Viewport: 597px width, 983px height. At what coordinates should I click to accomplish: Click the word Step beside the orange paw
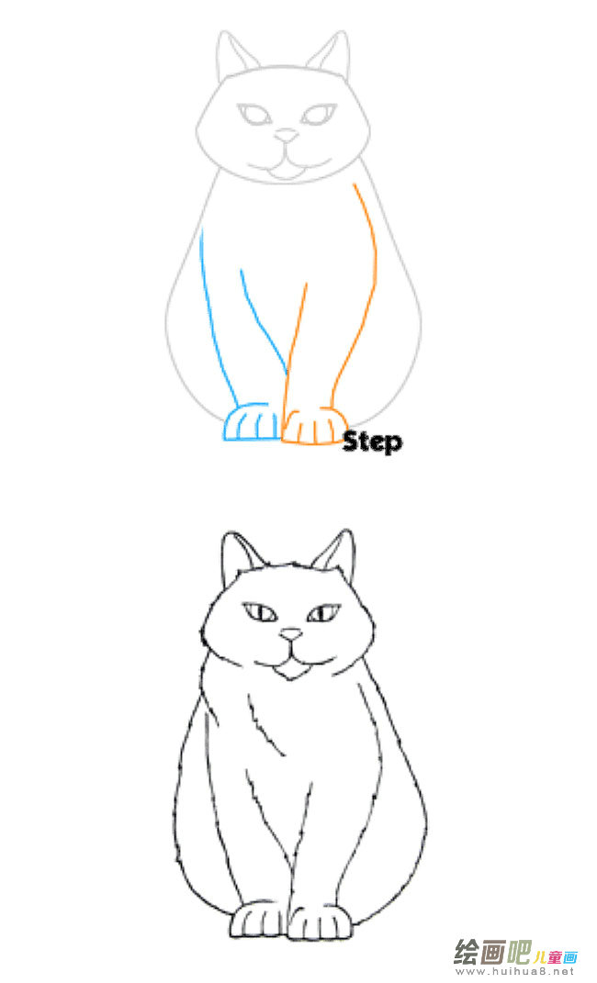pyautogui.click(x=372, y=441)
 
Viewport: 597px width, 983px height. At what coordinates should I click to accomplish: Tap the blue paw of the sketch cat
pyautogui.click(x=250, y=425)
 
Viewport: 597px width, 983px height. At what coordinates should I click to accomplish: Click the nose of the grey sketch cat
pyautogui.click(x=288, y=136)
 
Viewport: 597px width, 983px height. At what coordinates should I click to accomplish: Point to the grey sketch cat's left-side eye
pyautogui.click(x=253, y=116)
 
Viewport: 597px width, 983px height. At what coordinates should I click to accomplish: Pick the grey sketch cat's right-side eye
pyautogui.click(x=319, y=116)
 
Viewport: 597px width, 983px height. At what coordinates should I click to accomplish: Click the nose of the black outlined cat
pyautogui.click(x=291, y=634)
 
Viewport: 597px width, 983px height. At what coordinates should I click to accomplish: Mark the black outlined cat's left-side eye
pyautogui.click(x=260, y=612)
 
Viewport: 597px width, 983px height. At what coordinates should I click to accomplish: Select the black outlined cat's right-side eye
pyautogui.click(x=323, y=612)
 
